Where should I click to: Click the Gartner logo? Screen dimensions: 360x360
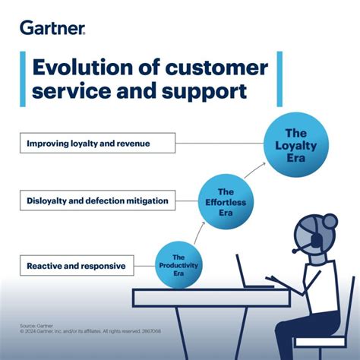pos(52,28)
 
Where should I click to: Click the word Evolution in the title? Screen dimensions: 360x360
pos(78,68)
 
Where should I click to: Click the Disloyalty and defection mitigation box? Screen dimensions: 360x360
pos(97,201)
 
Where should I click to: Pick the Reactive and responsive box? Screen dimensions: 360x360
pos(76,266)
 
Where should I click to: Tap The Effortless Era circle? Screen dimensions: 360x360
pos(226,202)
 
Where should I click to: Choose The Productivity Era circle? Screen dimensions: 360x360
pos(178,264)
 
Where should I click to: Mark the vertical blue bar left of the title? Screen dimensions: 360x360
pos(22,80)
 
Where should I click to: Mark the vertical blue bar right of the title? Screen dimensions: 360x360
pos(279,80)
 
